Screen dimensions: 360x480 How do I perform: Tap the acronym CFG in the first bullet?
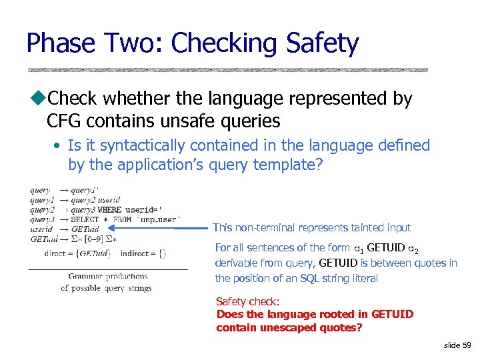coord(65,121)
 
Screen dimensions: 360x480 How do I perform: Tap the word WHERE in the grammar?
coord(109,209)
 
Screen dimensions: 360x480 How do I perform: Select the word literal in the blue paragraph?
coord(364,278)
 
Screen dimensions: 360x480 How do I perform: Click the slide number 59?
coord(466,345)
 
